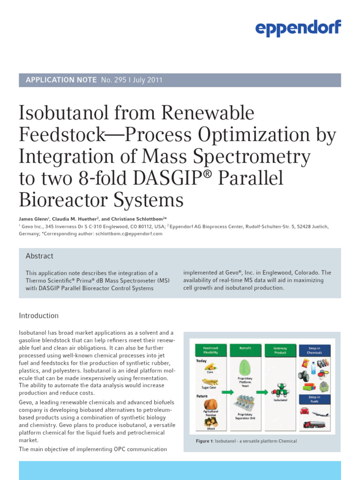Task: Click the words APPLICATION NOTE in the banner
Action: click(61, 80)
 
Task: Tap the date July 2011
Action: click(148, 80)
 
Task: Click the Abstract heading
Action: click(39, 256)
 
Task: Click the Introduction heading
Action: click(38, 315)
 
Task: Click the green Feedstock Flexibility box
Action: click(210, 350)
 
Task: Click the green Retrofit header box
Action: click(245, 349)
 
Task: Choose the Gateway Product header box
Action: click(280, 350)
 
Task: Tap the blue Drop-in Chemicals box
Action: click(315, 350)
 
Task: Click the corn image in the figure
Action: click(210, 367)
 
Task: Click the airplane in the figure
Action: click(320, 414)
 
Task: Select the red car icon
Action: click(304, 411)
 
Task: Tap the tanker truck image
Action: click(314, 425)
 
